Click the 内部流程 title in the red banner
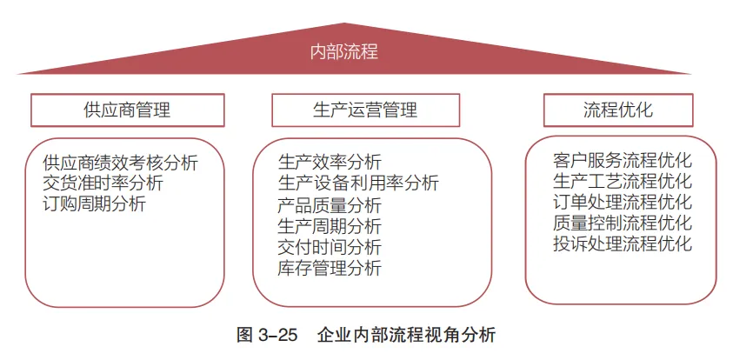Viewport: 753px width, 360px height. [x=344, y=51]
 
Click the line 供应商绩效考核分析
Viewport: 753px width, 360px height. [x=120, y=163]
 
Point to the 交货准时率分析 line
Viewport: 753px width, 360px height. [x=103, y=183]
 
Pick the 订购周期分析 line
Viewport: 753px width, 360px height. [x=94, y=204]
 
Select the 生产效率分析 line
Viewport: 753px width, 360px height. [x=330, y=163]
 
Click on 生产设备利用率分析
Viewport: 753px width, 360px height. [x=358, y=183]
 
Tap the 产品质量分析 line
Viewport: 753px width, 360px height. [x=330, y=205]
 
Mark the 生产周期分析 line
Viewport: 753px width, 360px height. [x=330, y=226]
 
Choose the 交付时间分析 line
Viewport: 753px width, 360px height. [x=330, y=247]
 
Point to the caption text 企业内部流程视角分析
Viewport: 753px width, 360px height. [x=407, y=334]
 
